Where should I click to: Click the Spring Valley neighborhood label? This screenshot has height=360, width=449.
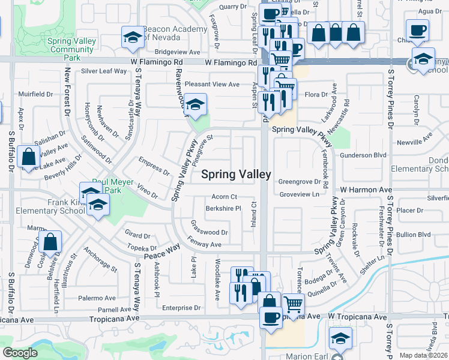click(235, 175)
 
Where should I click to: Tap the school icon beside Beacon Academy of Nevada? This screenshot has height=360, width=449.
click(133, 38)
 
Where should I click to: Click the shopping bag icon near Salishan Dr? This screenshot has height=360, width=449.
click(29, 157)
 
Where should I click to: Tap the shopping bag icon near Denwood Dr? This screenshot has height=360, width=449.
click(52, 244)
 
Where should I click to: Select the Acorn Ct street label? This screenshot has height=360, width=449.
click(224, 197)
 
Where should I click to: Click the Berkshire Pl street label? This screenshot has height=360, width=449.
click(223, 209)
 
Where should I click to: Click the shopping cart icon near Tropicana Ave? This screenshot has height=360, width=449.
click(292, 304)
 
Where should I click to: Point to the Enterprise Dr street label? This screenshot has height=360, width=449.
click(181, 308)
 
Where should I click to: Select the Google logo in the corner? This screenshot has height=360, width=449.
click(20, 353)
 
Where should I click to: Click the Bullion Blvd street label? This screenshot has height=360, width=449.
click(414, 234)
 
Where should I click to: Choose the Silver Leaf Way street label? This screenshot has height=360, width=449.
click(104, 71)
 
